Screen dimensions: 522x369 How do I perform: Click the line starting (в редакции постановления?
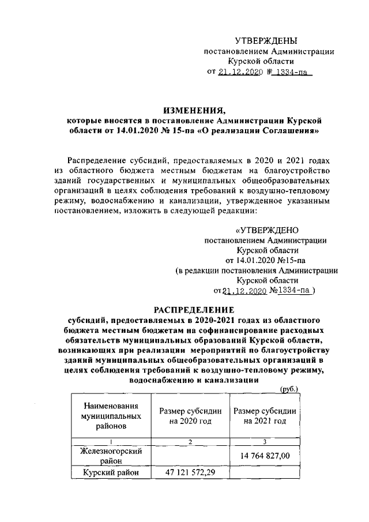click(x=257, y=269)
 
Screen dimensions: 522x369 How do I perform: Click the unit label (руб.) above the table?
click(x=288, y=389)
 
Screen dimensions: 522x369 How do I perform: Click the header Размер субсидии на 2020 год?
click(x=190, y=416)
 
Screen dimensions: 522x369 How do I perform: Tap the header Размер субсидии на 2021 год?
click(x=265, y=416)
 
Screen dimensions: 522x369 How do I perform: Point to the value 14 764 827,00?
click(x=265, y=456)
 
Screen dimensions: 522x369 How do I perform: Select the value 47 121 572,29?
click(x=190, y=474)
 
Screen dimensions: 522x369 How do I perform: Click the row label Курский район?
click(x=106, y=474)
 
